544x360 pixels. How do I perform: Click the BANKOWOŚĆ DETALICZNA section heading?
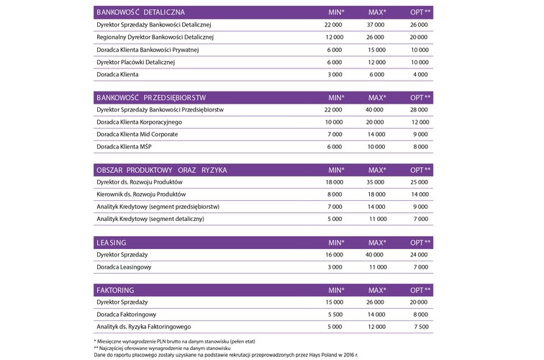click(x=140, y=13)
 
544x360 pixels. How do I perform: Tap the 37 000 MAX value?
click(x=376, y=25)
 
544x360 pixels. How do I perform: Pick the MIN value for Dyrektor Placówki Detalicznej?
click(x=333, y=62)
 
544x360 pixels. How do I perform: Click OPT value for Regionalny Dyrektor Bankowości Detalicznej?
click(x=419, y=37)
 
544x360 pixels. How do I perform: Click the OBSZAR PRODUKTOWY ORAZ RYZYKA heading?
click(x=161, y=169)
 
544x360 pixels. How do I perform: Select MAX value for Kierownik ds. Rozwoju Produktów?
click(x=376, y=194)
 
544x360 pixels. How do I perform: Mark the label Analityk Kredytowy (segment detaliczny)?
click(x=150, y=218)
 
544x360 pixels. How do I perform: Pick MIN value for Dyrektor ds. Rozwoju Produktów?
click(x=333, y=181)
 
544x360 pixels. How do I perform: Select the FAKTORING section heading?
click(x=116, y=289)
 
